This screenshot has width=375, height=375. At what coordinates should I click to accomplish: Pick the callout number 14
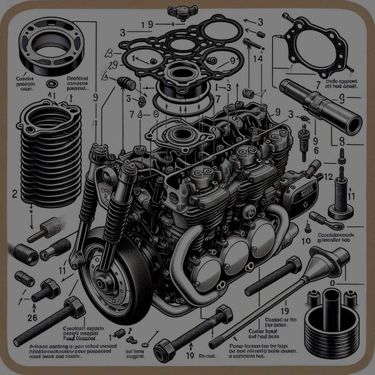(x=256, y=58)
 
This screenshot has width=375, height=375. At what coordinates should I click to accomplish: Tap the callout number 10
(x=306, y=240)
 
